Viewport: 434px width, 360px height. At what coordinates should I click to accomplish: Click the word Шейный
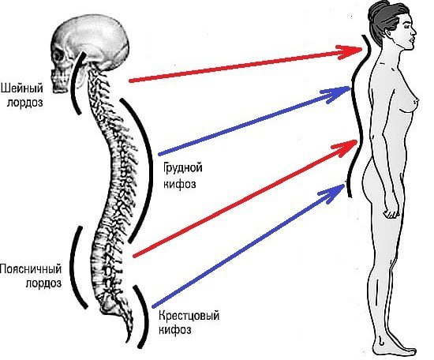coord(22,88)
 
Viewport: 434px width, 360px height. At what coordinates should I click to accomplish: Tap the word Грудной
coord(183,168)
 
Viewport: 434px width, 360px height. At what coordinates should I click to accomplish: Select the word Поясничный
coord(31,269)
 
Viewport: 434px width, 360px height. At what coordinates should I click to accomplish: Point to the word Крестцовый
coord(189,316)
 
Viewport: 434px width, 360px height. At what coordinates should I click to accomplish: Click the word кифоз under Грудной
coord(180,184)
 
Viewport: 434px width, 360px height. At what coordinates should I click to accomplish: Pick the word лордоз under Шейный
coord(25,103)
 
